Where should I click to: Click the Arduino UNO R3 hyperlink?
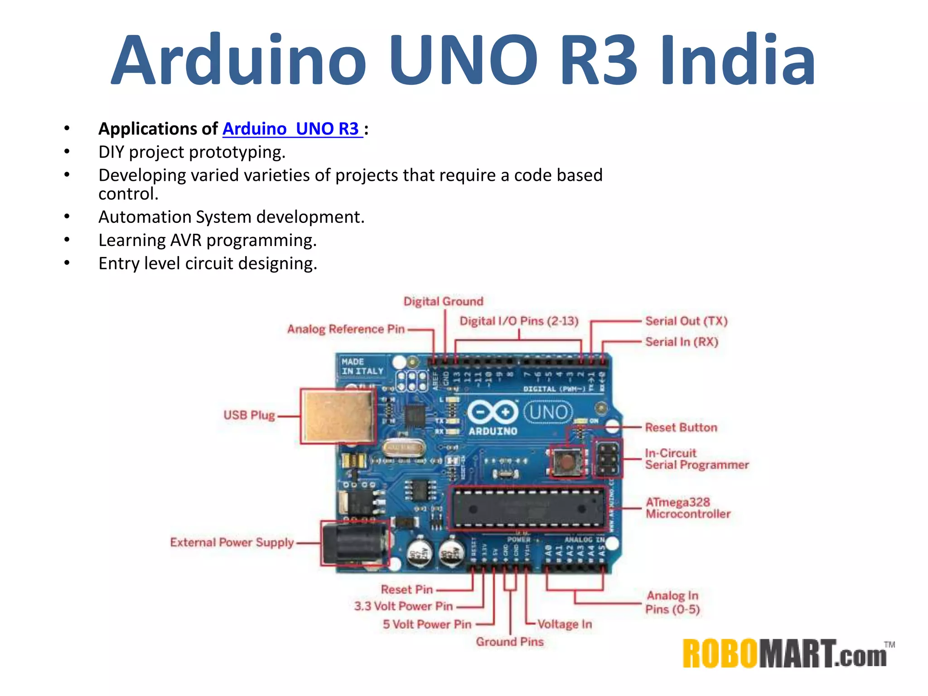292,129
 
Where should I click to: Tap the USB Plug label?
249,415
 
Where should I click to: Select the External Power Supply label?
232,542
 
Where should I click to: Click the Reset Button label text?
681,427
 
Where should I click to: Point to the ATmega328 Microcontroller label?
688,508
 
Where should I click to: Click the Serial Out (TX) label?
686,321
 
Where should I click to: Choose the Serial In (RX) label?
681,342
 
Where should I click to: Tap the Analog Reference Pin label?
346,329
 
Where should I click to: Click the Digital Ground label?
443,301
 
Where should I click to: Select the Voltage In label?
565,624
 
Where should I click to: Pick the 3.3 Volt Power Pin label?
403,606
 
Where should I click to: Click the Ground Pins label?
509,642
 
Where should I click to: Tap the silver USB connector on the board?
338,416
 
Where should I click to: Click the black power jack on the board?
354,543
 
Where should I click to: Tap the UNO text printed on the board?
548,412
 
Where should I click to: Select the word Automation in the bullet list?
145,217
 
